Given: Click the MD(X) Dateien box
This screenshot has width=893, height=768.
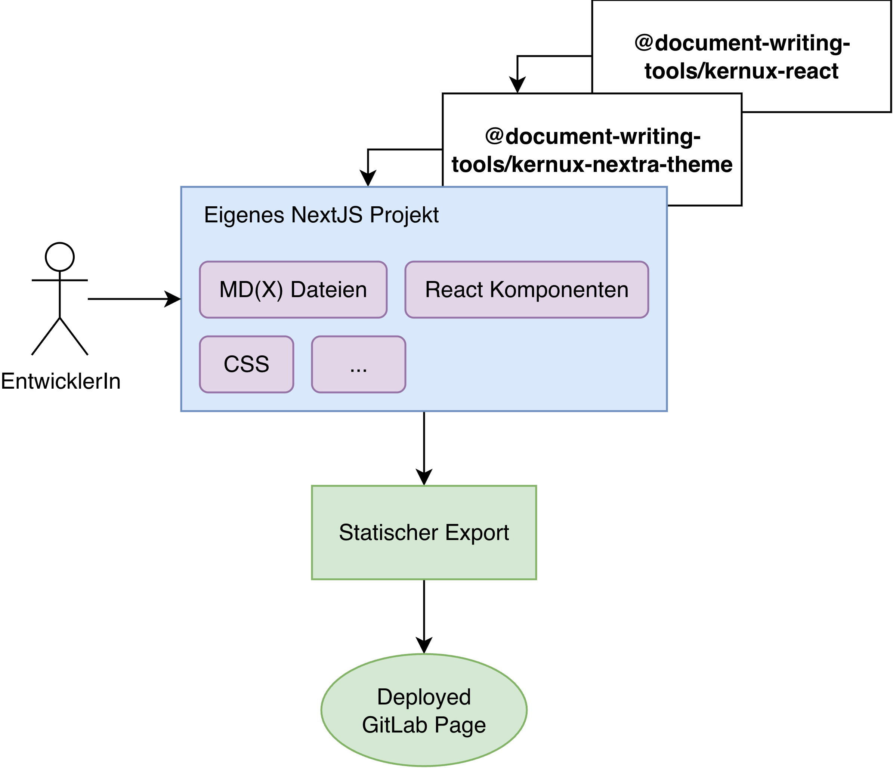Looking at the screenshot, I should (x=293, y=290).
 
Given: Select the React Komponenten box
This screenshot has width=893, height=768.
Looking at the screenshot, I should (x=527, y=290).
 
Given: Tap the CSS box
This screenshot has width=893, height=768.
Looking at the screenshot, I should (x=247, y=364).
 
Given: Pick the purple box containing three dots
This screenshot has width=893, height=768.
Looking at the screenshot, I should (x=359, y=364).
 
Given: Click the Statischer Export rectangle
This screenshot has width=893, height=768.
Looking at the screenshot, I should (x=424, y=532).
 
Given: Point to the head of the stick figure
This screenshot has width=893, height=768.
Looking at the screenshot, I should (x=60, y=257).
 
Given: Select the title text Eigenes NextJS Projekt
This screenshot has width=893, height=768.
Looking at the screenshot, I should (x=321, y=215).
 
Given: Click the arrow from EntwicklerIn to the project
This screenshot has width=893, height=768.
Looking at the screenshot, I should (x=129, y=299).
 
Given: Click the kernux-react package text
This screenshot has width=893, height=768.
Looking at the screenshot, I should (x=741, y=57).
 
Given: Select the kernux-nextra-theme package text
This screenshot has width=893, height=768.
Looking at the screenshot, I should (x=592, y=150).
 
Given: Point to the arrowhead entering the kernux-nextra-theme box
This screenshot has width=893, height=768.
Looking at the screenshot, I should (x=517, y=85).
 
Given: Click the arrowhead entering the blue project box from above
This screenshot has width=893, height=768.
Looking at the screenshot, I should (x=368, y=178).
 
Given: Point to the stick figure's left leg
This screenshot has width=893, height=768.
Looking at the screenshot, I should (x=46, y=337).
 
